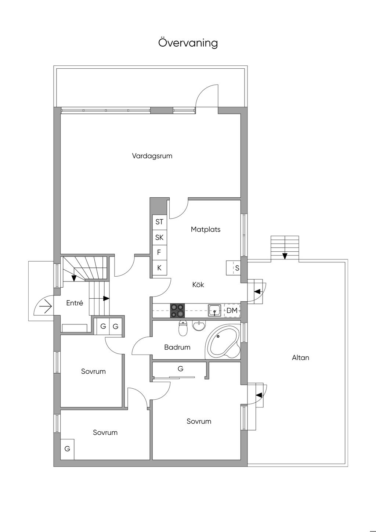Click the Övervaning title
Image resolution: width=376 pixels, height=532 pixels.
point(188,43)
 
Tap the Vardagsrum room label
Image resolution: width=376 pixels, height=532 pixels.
point(152,156)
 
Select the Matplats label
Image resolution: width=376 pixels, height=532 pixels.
point(206,229)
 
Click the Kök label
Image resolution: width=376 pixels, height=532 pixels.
point(198,284)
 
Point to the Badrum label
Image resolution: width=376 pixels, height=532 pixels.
point(177,347)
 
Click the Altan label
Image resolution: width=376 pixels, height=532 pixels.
point(300,358)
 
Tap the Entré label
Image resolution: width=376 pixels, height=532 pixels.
point(75,303)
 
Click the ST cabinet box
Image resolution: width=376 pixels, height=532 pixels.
point(159,222)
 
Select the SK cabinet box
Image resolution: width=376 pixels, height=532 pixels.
point(159,237)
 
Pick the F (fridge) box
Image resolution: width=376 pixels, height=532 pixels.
point(159,253)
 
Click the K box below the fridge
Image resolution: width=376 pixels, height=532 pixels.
point(159,268)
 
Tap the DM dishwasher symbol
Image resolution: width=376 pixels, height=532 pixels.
point(232,310)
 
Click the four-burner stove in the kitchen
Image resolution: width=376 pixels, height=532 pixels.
point(178,310)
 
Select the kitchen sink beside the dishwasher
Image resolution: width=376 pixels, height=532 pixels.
point(214,310)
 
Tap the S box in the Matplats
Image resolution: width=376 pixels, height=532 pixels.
point(233,268)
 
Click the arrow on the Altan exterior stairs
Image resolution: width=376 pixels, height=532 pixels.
point(285,256)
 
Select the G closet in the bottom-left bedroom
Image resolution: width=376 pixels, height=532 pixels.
point(67,449)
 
